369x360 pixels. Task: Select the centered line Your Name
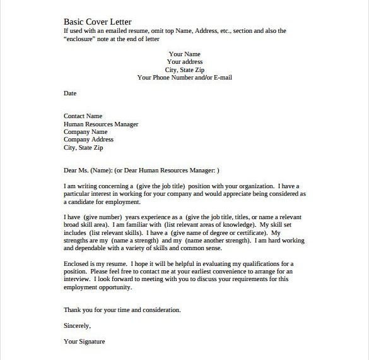click(185, 54)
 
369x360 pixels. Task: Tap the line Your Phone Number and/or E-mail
click(185, 78)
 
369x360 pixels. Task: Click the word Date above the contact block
click(70, 93)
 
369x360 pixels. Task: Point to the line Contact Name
click(83, 116)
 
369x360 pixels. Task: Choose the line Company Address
click(88, 140)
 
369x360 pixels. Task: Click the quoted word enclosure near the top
click(82, 38)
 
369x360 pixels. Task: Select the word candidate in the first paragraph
click(86, 202)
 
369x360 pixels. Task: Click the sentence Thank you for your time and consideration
click(122, 310)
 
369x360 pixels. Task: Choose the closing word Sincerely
click(77, 326)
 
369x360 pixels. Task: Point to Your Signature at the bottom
click(85, 342)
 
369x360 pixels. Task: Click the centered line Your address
click(185, 62)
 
